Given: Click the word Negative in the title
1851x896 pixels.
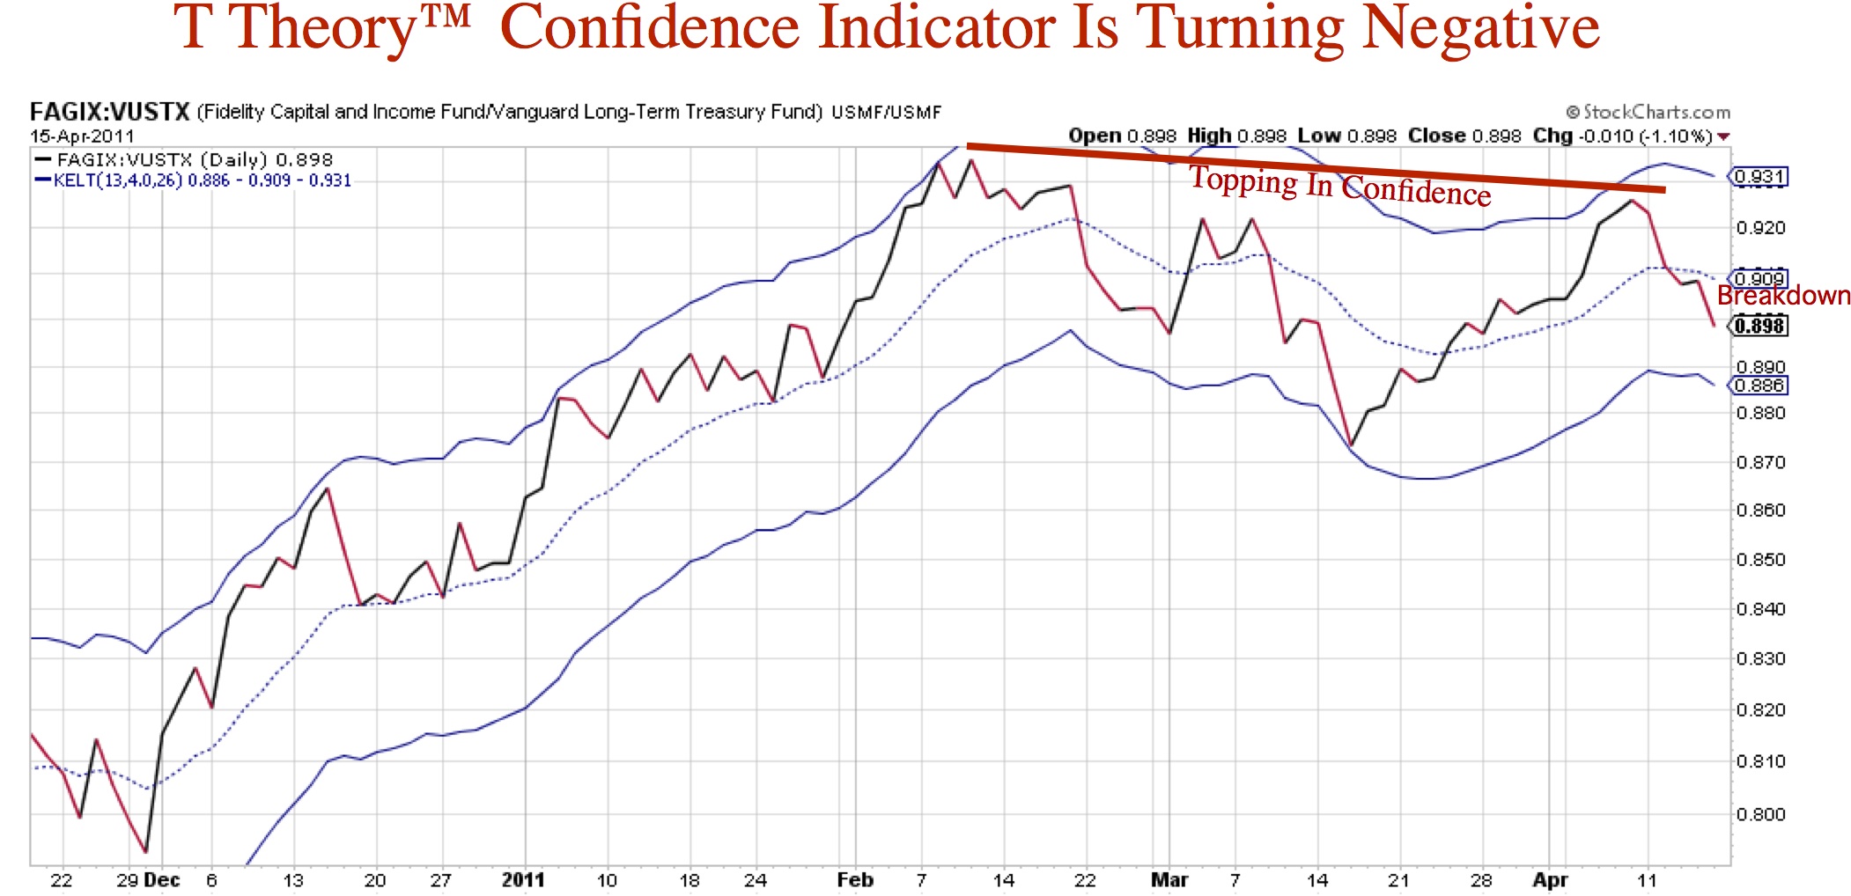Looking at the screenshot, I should [x=1479, y=28].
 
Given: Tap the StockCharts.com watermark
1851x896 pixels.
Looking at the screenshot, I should [x=1648, y=112].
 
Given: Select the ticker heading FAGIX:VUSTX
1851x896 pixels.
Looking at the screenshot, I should [x=110, y=112].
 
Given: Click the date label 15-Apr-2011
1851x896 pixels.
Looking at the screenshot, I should [x=82, y=136].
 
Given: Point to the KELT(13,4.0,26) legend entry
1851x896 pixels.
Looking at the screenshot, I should [x=118, y=180].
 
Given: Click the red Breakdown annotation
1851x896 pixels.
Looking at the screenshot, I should [x=1783, y=296].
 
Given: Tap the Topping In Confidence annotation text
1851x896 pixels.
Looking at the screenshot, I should [x=1339, y=186].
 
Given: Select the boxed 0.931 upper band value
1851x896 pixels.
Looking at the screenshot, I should [x=1759, y=177].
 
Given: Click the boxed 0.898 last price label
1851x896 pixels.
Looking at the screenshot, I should [x=1759, y=326].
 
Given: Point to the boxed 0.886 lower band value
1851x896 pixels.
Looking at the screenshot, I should [x=1759, y=386].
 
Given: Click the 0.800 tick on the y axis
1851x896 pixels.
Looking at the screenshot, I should [x=1760, y=814].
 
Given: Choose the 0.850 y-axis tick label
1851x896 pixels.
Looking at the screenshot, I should [x=1760, y=560].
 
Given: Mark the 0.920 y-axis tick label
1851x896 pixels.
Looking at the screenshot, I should [x=1760, y=228].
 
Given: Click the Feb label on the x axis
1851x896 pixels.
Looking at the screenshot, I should [x=855, y=880].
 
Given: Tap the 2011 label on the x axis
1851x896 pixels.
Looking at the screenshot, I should [x=523, y=880].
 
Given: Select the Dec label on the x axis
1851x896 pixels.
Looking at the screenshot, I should [x=161, y=880].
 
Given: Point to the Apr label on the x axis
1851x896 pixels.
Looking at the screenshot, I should [x=1550, y=880].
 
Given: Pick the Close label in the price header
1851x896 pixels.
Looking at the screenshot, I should [x=1435, y=136].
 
